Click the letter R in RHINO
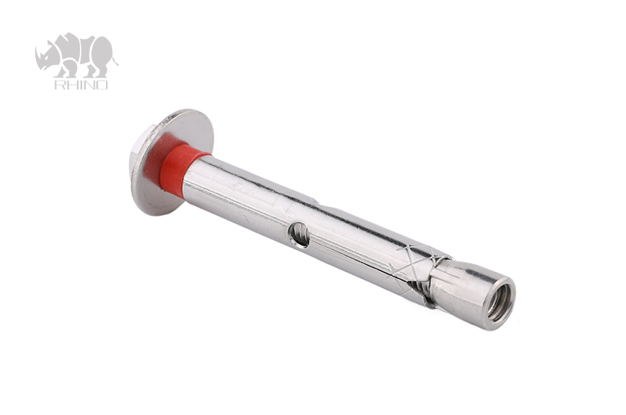(59, 84)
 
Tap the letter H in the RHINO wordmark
(70, 84)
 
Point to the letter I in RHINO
(78, 84)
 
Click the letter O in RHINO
(101, 84)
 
